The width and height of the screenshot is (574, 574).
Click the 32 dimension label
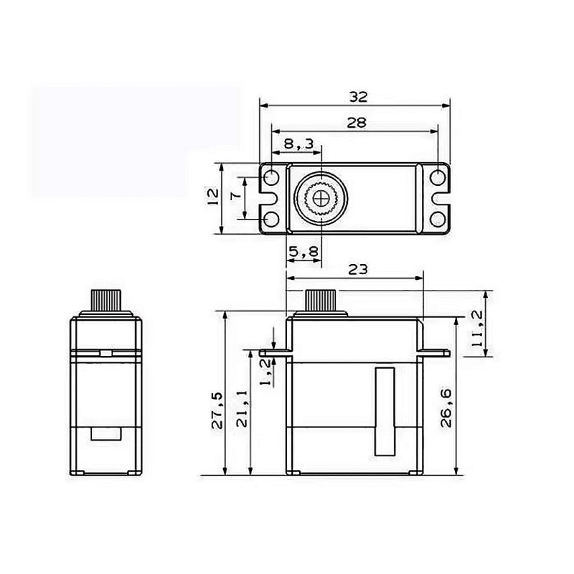(358, 97)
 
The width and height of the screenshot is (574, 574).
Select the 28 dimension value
(356, 123)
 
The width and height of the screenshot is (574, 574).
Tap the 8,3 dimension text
(299, 144)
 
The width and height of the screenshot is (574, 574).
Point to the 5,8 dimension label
(304, 252)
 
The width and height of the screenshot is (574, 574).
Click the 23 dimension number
(357, 270)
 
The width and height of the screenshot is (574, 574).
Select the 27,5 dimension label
(217, 410)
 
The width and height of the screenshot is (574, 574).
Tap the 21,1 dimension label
(242, 409)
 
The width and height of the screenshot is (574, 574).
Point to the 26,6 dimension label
(446, 408)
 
